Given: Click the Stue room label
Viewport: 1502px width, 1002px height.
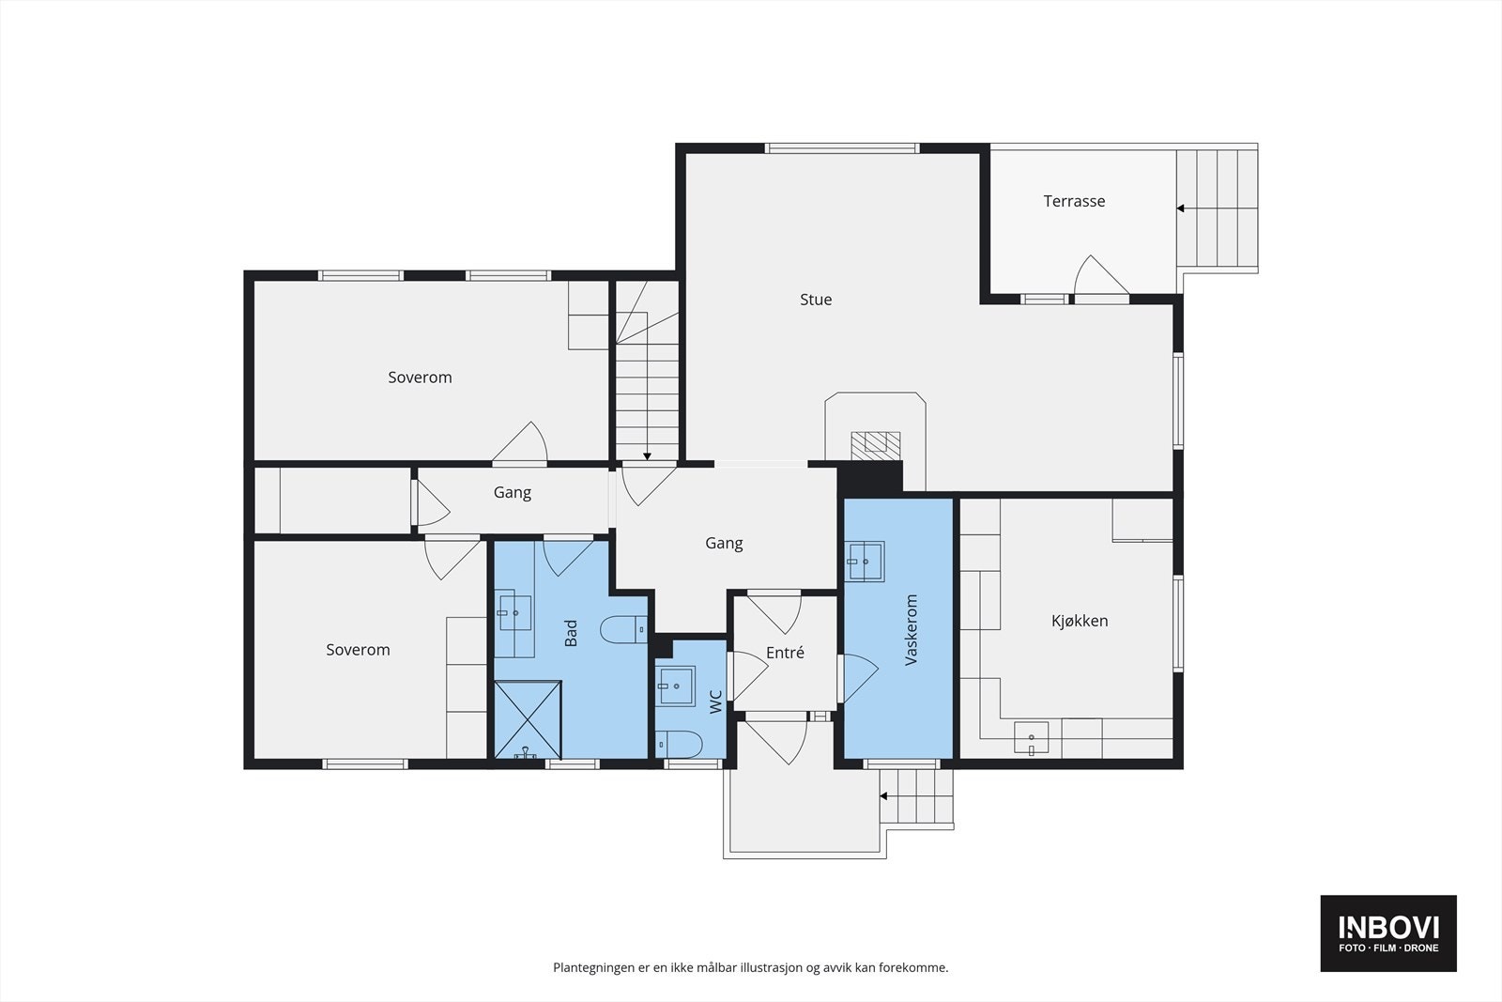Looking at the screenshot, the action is (x=816, y=300).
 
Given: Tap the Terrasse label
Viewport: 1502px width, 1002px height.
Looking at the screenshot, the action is (x=1074, y=201).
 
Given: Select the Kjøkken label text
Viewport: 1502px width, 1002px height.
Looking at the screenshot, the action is (x=1079, y=621).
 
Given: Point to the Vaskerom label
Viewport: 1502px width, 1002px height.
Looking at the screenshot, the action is (x=911, y=630).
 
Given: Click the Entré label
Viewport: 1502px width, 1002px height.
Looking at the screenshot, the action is (x=785, y=652).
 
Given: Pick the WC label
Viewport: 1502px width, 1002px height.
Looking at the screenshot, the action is (x=715, y=701).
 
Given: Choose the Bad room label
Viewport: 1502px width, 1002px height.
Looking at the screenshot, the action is (x=571, y=633).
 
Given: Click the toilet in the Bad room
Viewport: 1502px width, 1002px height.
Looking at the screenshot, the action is (x=623, y=630).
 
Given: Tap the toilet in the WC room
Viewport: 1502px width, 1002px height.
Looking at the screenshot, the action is (x=679, y=745).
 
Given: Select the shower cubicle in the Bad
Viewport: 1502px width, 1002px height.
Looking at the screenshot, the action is (x=528, y=719).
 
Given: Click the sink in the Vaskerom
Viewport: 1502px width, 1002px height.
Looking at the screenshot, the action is (x=865, y=562).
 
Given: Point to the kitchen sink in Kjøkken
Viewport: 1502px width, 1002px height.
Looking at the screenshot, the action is (x=1031, y=738).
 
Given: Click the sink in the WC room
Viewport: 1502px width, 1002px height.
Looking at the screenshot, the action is (x=675, y=686).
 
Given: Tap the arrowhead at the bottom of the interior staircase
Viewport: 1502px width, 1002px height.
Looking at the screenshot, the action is (x=647, y=456).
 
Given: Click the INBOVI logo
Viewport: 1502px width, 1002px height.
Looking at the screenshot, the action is (x=1388, y=933).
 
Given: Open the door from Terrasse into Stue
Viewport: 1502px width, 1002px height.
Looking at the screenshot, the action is (x=1101, y=276).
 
